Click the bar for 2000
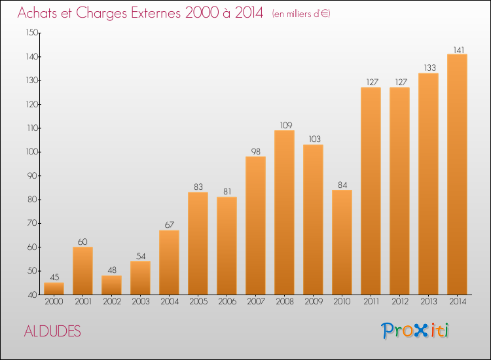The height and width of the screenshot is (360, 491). point(54,289)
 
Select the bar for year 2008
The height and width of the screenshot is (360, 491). point(284,213)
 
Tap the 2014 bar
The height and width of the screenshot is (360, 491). point(457,174)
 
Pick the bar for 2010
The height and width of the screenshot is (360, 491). point(342,242)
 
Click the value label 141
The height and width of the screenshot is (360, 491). point(459,50)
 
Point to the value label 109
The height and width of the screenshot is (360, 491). point(286,125)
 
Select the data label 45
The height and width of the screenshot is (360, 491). point(54,277)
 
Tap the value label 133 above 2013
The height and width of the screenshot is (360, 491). point(430,67)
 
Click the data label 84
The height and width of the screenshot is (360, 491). point(342,185)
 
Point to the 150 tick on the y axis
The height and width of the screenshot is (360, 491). point(32,33)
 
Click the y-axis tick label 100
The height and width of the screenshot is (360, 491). point(32,152)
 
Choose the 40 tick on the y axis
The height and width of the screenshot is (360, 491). point(33,295)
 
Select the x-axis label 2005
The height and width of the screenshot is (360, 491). point(198,302)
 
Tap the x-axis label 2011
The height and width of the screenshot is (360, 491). point(371,302)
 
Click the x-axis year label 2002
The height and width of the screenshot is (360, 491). point(112,302)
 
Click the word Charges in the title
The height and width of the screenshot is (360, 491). point(101,13)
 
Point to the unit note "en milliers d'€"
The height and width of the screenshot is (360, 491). point(301,14)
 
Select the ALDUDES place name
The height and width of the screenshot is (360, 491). point(52,331)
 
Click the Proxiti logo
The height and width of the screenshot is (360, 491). point(415,331)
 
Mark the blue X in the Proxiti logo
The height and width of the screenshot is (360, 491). point(421,331)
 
